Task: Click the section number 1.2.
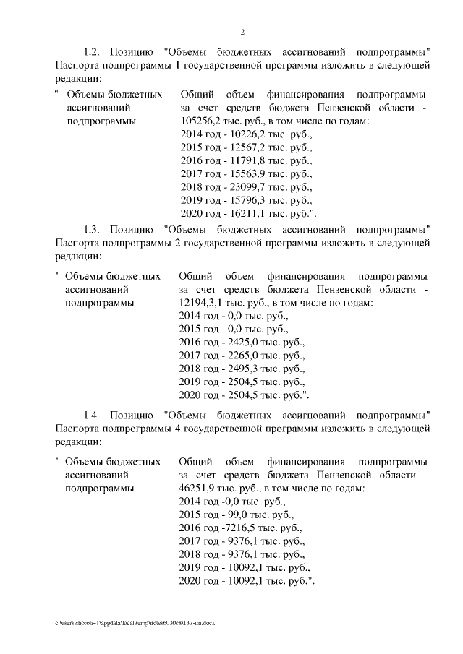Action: point(93,52)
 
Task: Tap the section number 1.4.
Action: point(93,415)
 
